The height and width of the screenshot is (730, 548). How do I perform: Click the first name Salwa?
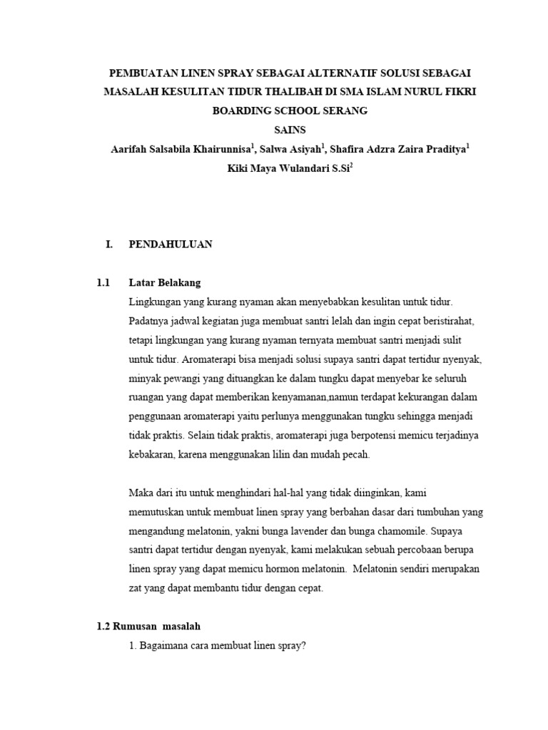275,149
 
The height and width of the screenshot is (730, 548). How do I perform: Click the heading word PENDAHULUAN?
170,244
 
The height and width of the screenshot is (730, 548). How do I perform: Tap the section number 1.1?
103,283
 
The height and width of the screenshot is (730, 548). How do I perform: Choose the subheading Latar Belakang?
164,283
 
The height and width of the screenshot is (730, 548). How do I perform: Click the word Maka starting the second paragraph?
141,493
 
